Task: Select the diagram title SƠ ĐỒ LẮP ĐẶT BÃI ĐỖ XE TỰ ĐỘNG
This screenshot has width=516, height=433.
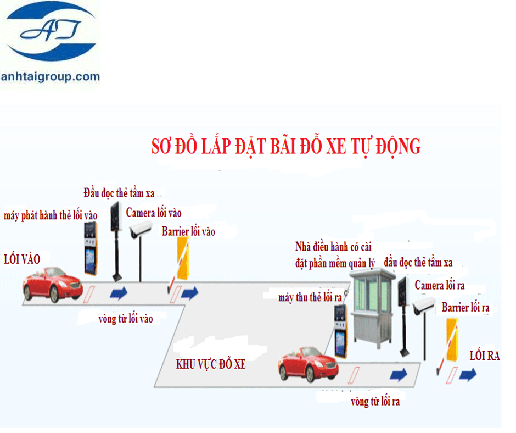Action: point(285,146)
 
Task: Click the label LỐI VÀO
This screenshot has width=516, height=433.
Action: point(22,259)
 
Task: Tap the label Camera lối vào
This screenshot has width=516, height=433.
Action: point(154,213)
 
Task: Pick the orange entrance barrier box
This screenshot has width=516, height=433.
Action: point(182,258)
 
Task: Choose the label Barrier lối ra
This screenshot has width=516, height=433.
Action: point(465,307)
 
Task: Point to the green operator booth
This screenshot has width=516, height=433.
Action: point(373,302)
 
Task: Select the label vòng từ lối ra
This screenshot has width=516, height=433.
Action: point(375,402)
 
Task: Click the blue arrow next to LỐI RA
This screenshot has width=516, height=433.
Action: point(468,375)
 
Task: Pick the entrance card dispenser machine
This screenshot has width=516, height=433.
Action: point(90,248)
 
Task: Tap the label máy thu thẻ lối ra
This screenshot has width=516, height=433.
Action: point(310,297)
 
